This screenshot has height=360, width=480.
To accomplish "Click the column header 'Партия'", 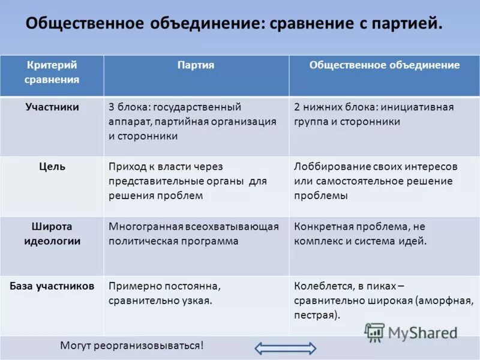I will tap(196, 65).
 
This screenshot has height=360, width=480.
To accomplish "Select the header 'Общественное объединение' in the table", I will tap(384, 65).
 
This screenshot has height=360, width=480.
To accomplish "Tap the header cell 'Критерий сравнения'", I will tap(52, 71).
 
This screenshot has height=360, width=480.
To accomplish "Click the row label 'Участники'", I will tap(52, 107).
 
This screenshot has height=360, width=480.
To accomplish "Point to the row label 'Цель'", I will tap(52, 167).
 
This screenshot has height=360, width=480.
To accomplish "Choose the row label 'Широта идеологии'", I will tap(52, 234).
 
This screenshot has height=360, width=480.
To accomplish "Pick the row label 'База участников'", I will tap(52, 286).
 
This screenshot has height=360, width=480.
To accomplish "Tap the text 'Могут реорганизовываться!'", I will tap(132, 346).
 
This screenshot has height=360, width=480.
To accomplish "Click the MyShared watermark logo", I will tap(411, 332).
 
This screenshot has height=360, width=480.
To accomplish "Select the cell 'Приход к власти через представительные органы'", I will tap(188, 181).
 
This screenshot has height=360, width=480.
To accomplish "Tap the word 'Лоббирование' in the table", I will tap(325, 166).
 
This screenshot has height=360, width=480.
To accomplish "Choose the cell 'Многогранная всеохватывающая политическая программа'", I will tap(193, 234).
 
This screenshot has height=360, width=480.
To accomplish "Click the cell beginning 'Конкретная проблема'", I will tap(360, 234).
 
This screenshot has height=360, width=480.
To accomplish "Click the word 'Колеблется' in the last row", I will tap(319, 286).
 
